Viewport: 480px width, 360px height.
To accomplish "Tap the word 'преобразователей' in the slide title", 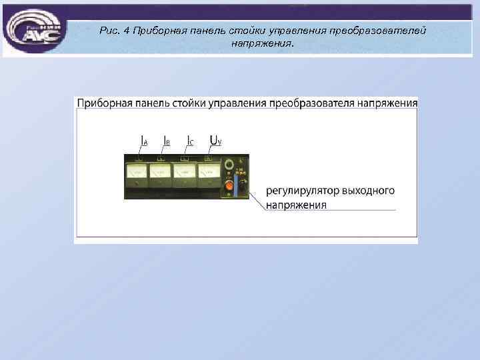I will click(x=381, y=31).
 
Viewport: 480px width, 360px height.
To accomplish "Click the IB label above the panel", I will click(x=167, y=141).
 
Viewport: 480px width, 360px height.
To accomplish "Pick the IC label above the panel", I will click(x=190, y=141).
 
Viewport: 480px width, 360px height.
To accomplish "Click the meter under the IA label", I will click(x=137, y=175).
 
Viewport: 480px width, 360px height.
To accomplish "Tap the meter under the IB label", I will click(x=161, y=175).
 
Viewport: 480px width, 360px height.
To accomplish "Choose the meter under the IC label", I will click(x=185, y=175).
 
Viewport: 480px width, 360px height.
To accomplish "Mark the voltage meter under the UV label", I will click(x=209, y=175).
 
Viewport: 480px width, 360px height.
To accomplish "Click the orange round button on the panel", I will click(x=229, y=186).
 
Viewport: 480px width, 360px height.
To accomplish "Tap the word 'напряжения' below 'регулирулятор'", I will click(x=296, y=205).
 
